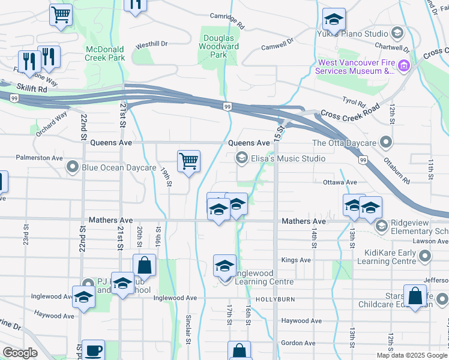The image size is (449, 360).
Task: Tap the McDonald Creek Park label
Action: tap(105, 53)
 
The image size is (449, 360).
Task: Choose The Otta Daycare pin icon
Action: tap(385, 143)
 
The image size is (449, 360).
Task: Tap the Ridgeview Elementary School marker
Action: tap(381, 227)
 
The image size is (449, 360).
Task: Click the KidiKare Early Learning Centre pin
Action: tap(426, 257)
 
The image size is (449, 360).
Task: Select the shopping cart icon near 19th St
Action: tap(188, 161)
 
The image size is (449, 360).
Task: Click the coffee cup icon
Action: tap(92, 351)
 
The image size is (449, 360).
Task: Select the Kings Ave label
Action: tap(296, 260)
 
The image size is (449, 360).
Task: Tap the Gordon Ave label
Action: tap(298, 343)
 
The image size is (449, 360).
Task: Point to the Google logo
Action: tap(20, 352)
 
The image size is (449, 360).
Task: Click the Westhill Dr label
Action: tap(151, 44)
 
